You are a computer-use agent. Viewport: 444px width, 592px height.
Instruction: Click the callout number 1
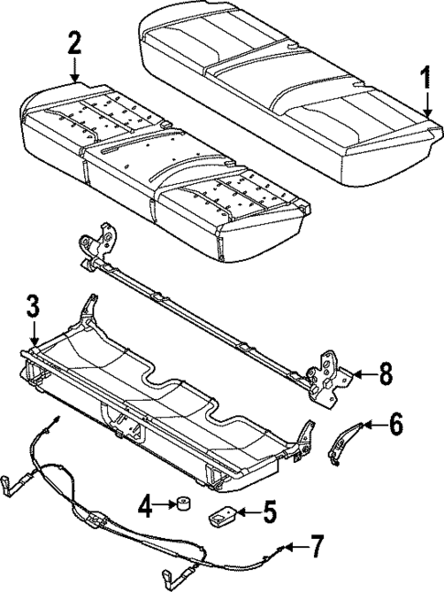tap(423, 81)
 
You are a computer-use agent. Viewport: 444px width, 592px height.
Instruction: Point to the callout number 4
tap(144, 504)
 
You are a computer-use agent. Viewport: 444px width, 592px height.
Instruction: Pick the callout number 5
tap(269, 511)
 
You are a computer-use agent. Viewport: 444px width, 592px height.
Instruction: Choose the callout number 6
tap(395, 424)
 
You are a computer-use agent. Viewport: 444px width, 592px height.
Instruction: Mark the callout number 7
tap(317, 548)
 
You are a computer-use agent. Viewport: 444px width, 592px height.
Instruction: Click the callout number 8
tap(385, 373)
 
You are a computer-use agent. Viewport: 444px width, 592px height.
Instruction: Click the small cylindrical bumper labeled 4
tap(182, 505)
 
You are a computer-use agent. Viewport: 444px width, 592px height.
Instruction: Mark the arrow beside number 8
tap(363, 373)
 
